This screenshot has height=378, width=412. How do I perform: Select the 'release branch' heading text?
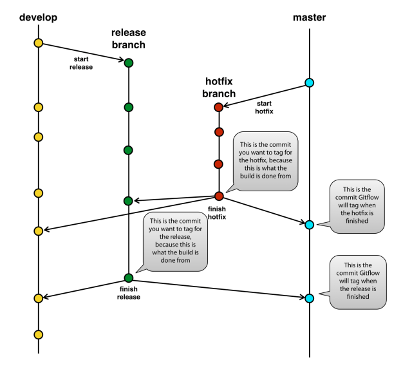point(128,39)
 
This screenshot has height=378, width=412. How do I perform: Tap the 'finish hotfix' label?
point(220,213)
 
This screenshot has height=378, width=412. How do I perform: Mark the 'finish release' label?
point(128,293)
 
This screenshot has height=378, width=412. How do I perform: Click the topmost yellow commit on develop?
point(38,43)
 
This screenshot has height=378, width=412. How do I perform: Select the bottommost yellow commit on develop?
point(38,334)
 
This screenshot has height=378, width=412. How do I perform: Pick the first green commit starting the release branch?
point(128,62)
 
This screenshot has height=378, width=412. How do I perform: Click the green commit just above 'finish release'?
point(128,278)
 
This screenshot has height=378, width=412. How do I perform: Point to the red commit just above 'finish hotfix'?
point(219,196)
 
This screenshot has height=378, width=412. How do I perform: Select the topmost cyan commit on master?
point(309,82)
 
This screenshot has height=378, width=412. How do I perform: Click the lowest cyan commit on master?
point(309,298)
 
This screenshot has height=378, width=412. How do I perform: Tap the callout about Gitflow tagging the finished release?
point(358,281)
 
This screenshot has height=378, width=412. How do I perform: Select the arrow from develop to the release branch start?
point(83,53)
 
